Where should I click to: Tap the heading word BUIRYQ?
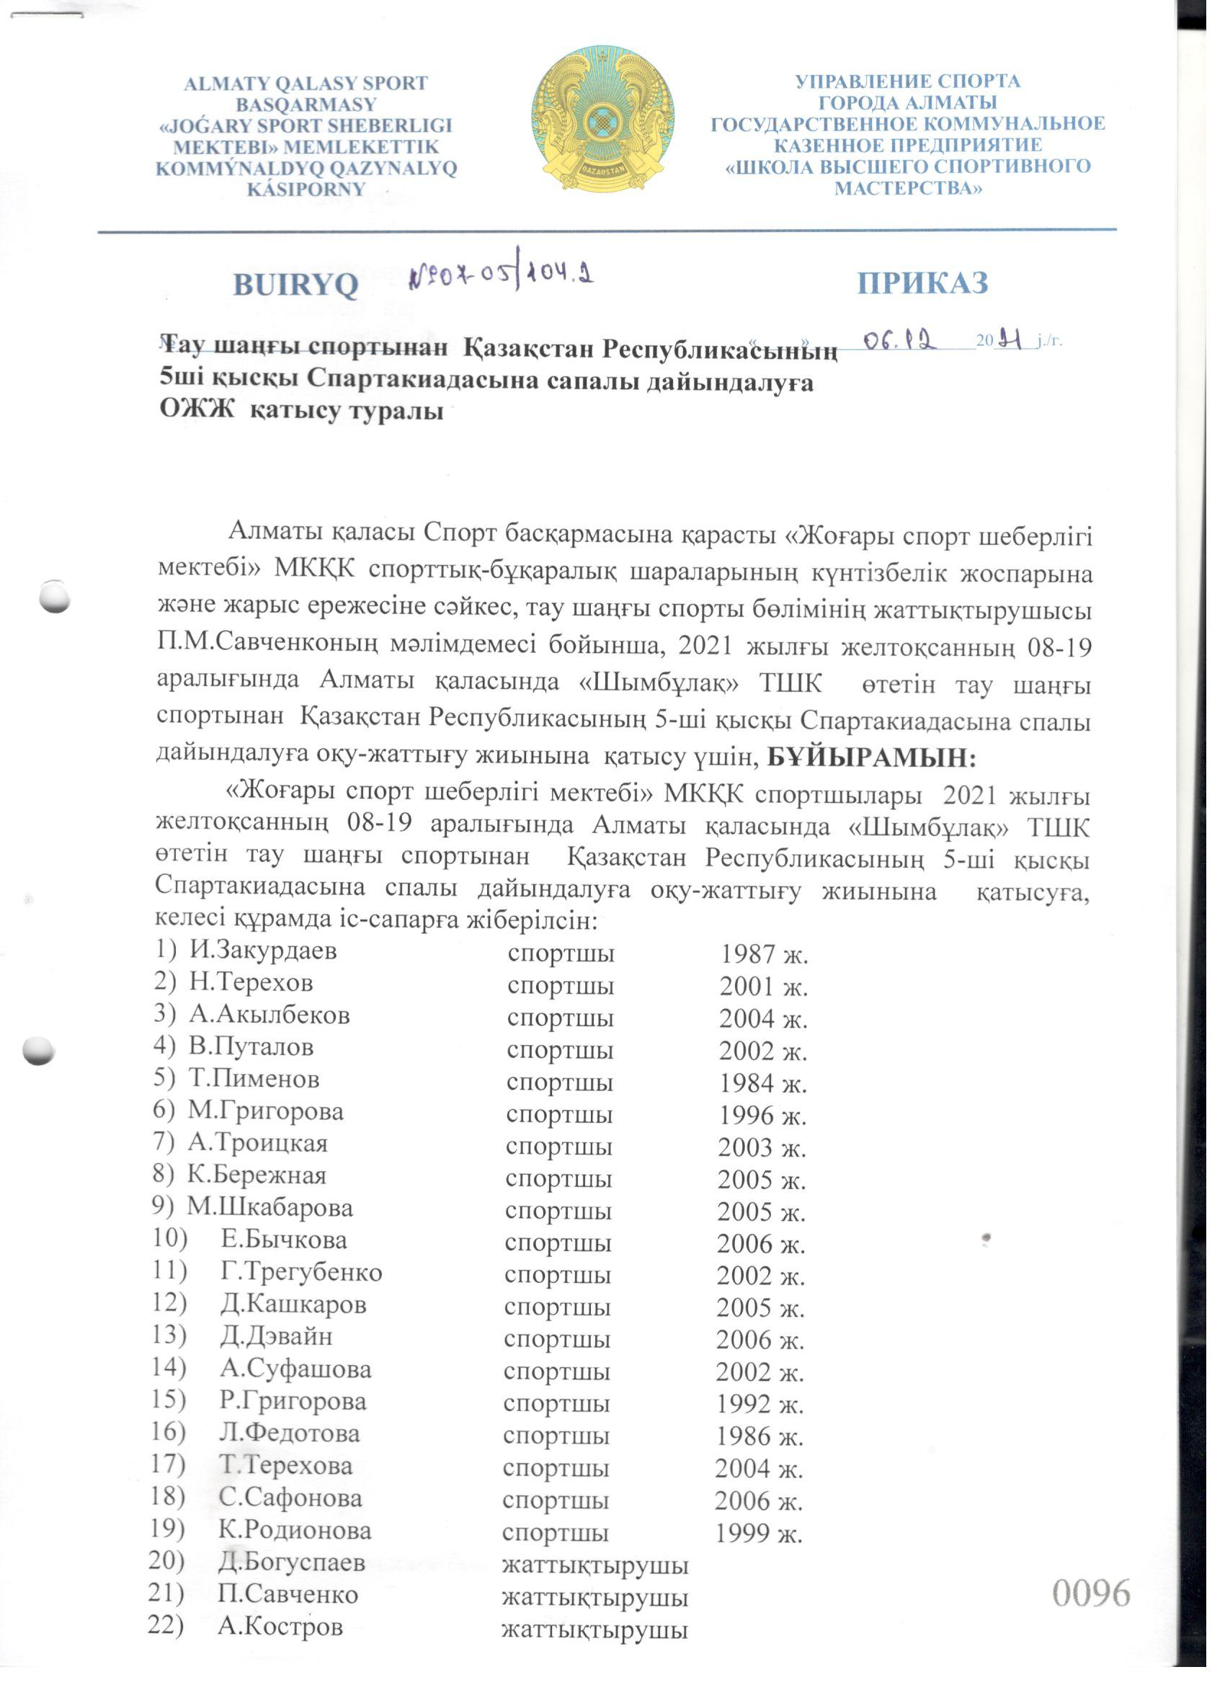click(295, 285)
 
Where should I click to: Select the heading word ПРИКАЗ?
click(922, 283)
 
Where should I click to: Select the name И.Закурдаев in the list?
click(263, 949)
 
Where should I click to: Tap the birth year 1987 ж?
click(764, 954)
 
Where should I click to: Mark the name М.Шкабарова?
click(269, 1207)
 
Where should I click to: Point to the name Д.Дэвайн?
click(275, 1335)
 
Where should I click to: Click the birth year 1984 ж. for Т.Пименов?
click(762, 1083)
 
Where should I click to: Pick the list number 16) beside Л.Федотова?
click(167, 1431)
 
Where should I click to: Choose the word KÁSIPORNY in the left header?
click(306, 190)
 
